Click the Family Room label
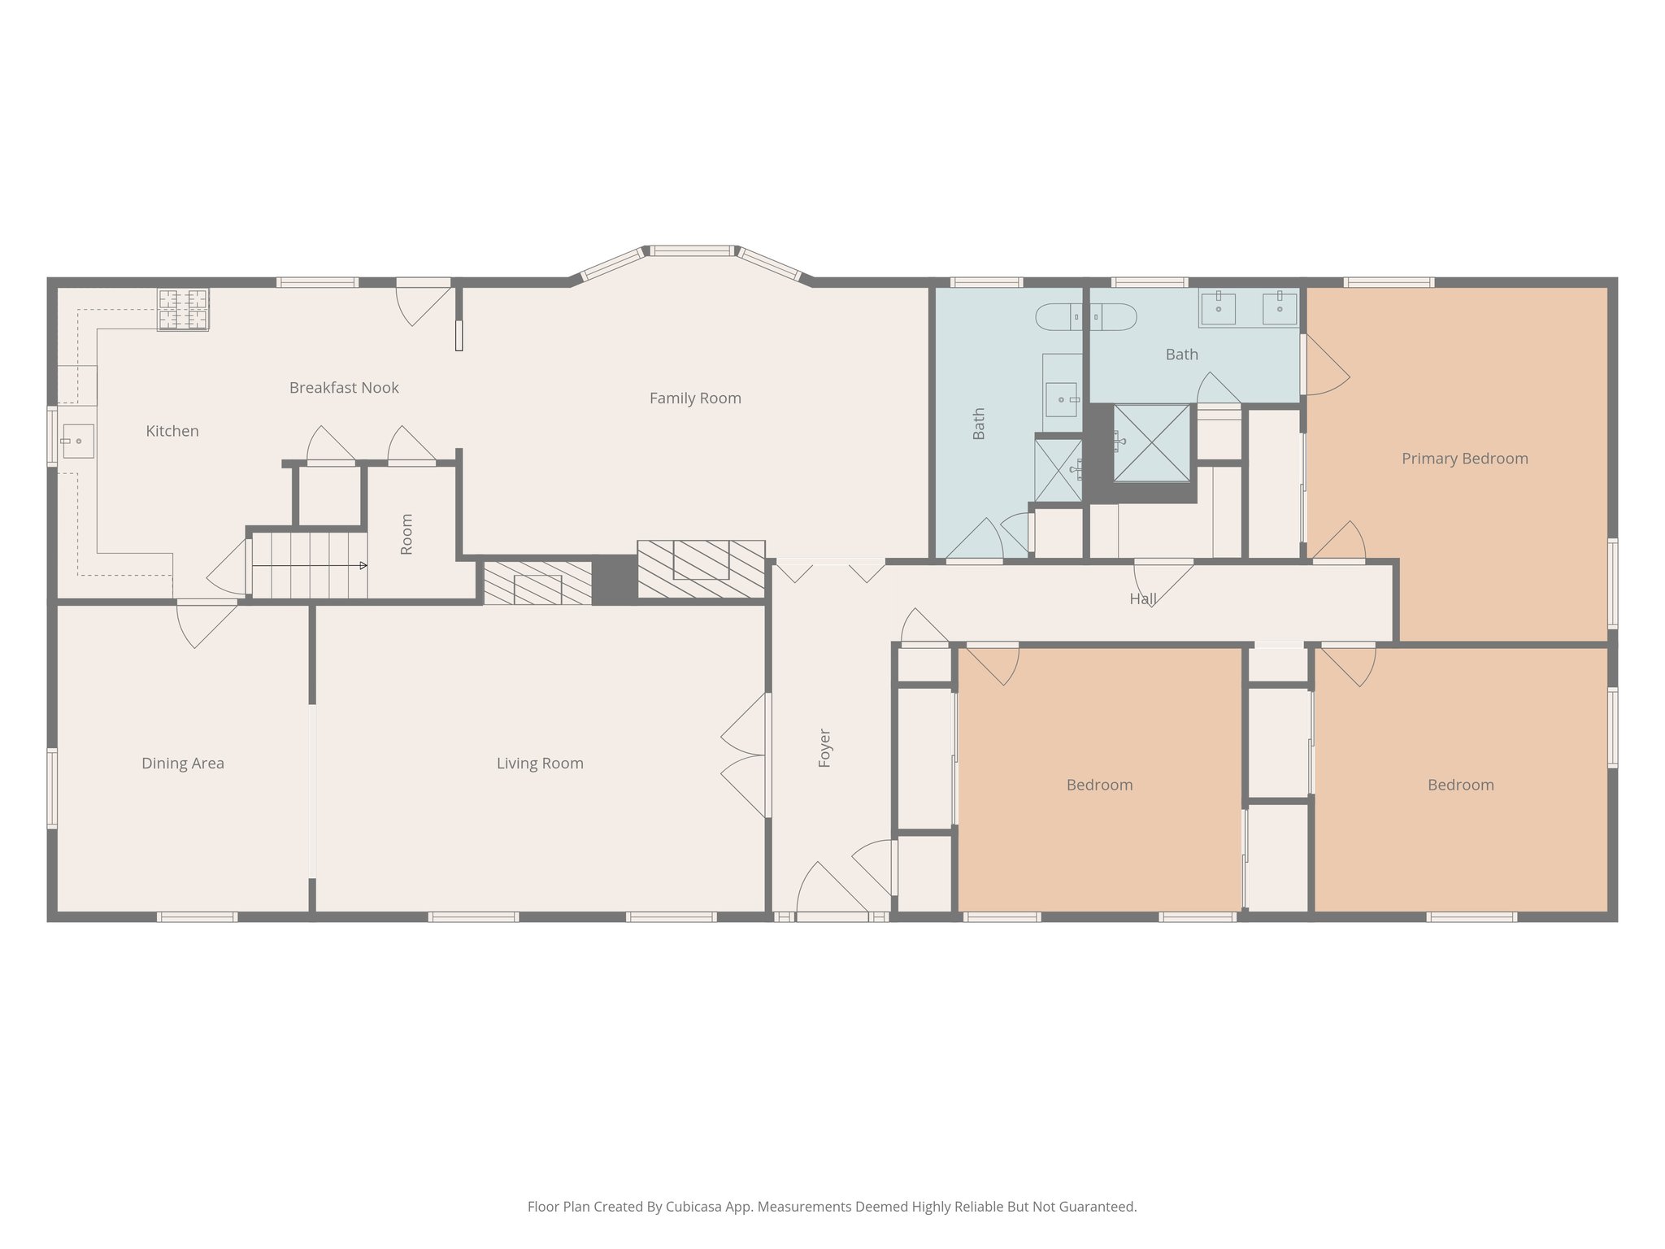(x=695, y=398)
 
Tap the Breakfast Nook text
(x=344, y=388)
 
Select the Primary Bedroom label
(x=1464, y=459)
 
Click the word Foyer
(x=824, y=747)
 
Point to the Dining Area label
(x=182, y=764)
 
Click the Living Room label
(x=540, y=764)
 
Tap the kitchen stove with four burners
(x=182, y=309)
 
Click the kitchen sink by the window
(x=78, y=441)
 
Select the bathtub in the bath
(x=1085, y=316)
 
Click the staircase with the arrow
(x=309, y=565)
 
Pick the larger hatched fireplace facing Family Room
(x=701, y=569)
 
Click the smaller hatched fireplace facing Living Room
(x=537, y=581)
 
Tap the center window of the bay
(x=692, y=251)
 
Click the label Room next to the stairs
(x=406, y=534)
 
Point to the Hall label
(x=1142, y=599)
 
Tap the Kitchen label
(x=172, y=432)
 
